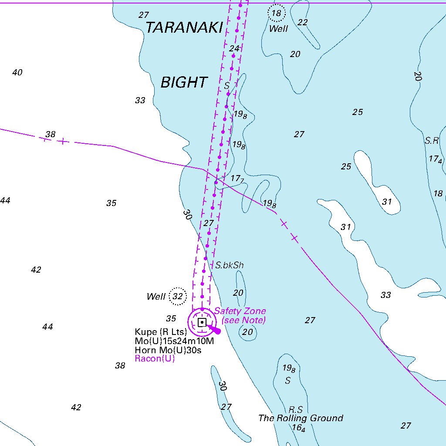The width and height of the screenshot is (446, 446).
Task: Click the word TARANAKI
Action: (184, 28)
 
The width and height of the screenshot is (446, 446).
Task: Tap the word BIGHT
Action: (184, 82)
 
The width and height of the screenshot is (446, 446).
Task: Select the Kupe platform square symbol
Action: (202, 322)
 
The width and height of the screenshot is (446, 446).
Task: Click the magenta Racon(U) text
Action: (155, 359)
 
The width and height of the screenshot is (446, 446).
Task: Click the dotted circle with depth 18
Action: (277, 13)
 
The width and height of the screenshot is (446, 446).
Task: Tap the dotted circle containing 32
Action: (178, 297)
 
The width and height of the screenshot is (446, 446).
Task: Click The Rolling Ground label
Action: (301, 418)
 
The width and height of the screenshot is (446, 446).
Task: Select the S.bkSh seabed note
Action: (230, 265)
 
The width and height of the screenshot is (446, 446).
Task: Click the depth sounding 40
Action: (17, 72)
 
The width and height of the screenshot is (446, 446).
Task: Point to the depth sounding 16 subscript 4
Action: (298, 428)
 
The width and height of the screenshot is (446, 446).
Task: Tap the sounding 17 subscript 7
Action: (237, 179)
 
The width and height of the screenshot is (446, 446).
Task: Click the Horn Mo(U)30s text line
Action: (168, 350)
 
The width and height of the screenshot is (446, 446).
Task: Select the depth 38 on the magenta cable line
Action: (51, 134)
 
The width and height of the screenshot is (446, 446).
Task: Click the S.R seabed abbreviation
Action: (432, 141)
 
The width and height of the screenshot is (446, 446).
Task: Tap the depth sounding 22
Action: (303, 22)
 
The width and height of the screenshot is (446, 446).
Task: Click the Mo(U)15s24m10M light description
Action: (174, 341)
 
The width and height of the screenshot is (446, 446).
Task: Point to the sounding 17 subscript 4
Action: (435, 159)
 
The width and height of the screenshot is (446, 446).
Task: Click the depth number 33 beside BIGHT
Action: (140, 101)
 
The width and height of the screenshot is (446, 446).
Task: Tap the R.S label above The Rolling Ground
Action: (296, 410)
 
